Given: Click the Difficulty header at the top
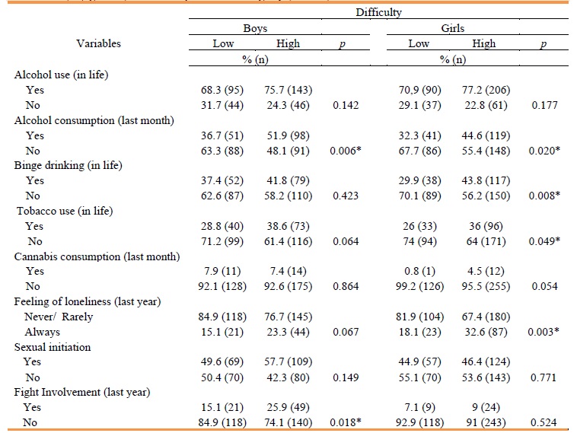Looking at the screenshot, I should [x=378, y=13].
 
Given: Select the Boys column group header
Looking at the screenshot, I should [x=255, y=28].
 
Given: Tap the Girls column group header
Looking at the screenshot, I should [x=453, y=28].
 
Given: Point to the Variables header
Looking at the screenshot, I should [x=98, y=43].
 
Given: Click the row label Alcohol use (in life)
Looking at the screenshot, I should [x=62, y=75].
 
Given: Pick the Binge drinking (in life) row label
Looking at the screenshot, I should [x=68, y=165].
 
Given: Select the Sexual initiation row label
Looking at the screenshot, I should [x=53, y=347].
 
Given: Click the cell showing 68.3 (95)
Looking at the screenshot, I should [x=223, y=90].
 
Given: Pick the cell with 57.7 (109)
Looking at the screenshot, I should [x=288, y=362].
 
